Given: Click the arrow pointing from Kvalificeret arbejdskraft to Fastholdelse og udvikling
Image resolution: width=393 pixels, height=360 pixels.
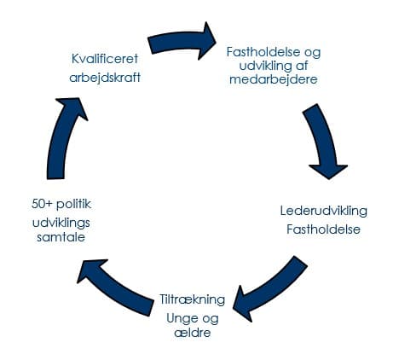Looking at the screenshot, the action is coord(181,42).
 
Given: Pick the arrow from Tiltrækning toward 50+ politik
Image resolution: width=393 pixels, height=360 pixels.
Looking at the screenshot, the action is coord(113,287).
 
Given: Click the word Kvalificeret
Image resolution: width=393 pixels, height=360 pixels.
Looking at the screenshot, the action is coord(105,59).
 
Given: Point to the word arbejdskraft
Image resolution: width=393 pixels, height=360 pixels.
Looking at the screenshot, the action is coord(105,78).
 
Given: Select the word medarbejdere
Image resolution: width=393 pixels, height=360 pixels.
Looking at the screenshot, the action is coord(274,79).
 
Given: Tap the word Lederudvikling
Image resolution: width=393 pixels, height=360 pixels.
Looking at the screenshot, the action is coord(324,211).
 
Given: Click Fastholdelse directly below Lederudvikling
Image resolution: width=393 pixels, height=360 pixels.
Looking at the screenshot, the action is coord(323,229).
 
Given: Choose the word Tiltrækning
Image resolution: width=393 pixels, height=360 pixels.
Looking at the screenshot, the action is coord(192,299).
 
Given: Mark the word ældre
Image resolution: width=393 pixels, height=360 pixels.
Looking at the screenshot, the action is coord(193,333).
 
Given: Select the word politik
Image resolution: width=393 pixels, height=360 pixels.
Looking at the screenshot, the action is coord(73,204).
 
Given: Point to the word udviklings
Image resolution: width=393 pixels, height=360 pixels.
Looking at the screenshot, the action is coord(61,224).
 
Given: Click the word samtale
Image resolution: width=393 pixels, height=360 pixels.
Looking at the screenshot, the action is coord(61,237).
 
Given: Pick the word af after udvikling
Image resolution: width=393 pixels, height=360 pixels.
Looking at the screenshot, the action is coord(301,66).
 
